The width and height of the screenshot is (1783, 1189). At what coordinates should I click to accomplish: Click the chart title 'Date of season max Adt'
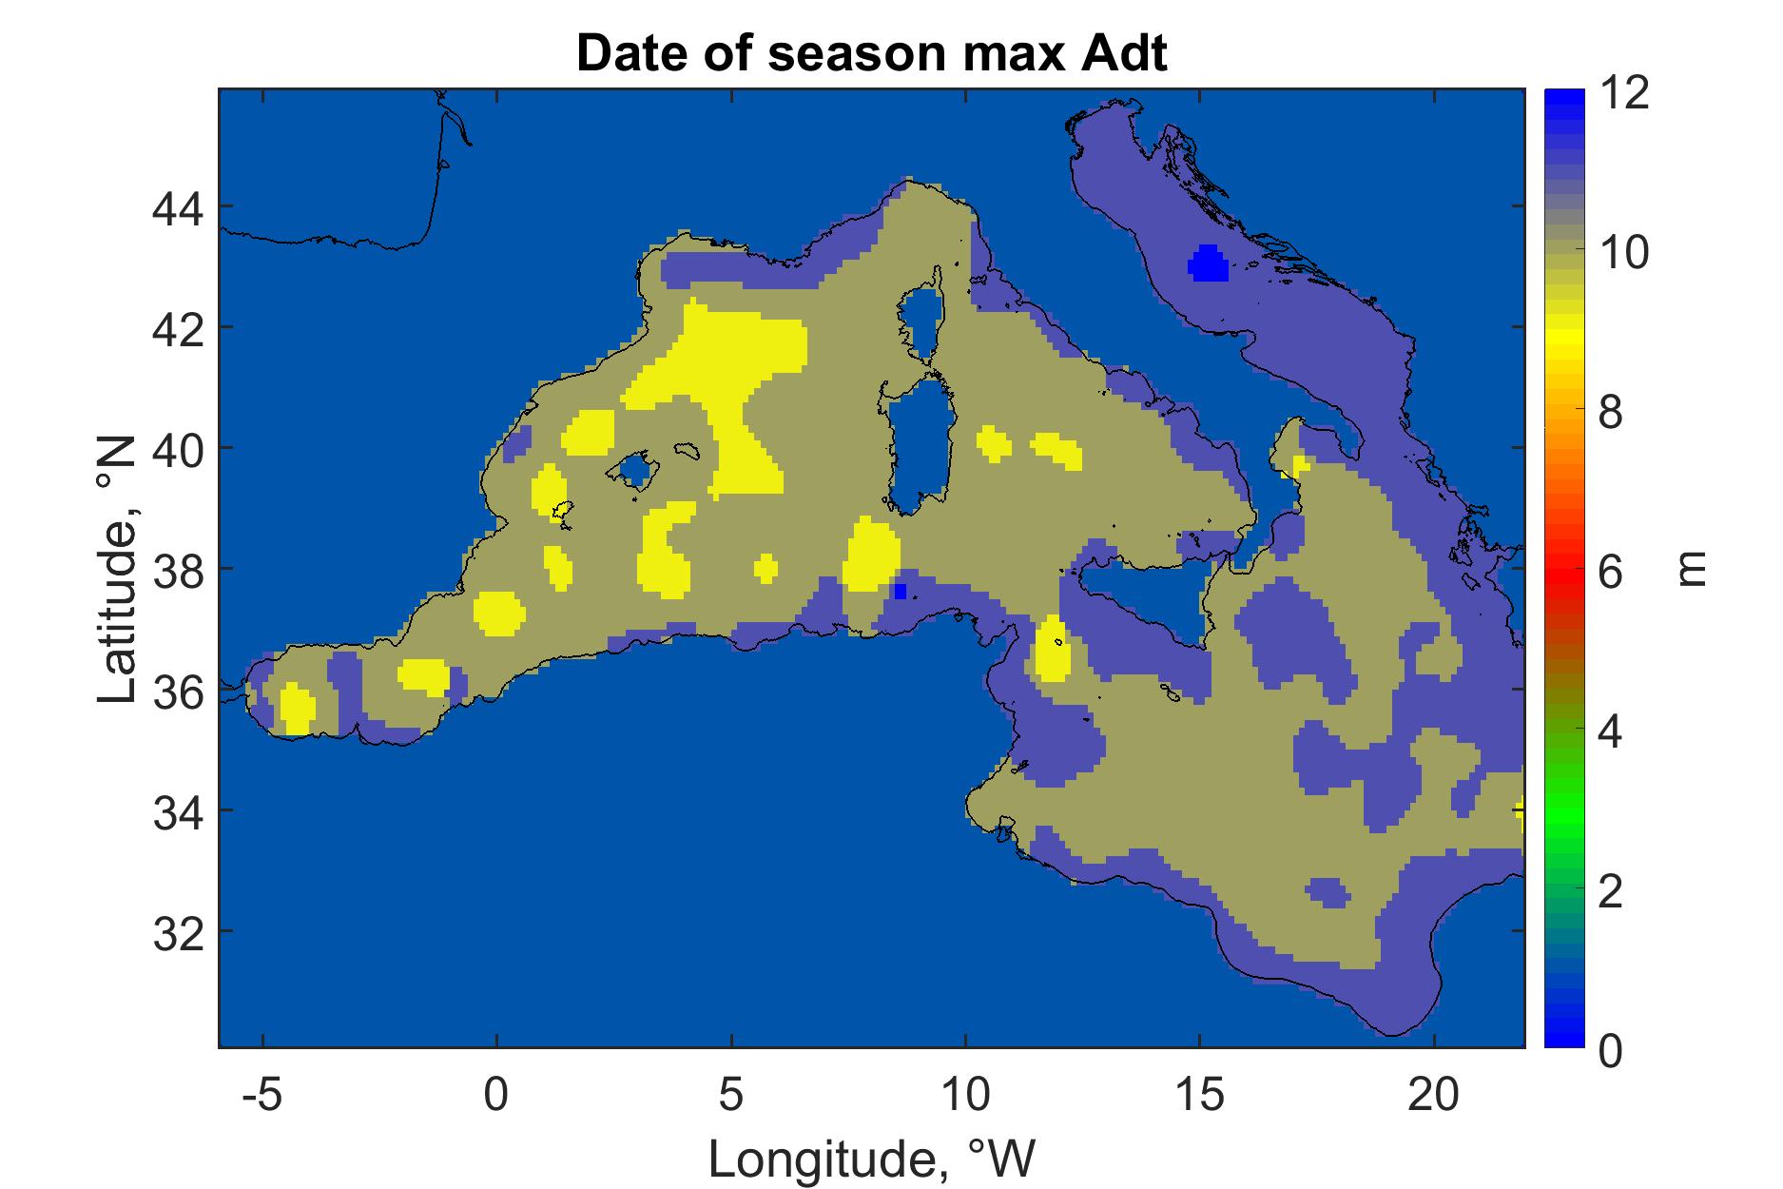871,55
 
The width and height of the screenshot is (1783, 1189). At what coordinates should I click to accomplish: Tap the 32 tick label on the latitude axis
178,931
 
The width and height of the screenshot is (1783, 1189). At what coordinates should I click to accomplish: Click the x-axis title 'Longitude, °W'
871,1159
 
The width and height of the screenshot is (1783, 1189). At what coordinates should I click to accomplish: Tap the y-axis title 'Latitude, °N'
118,570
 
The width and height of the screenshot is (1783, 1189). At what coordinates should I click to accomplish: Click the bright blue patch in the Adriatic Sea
1209,263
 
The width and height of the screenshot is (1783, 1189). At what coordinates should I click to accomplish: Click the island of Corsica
921,323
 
